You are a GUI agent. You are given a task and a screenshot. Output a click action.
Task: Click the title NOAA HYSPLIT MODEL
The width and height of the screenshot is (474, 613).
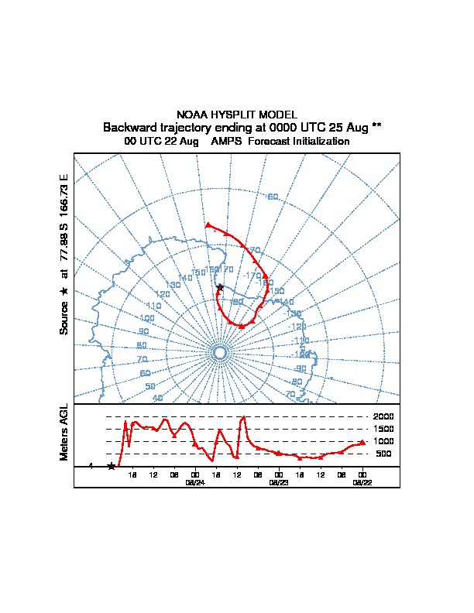pos(236,114)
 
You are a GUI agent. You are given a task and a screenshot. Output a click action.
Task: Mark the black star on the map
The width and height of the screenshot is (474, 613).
pos(220,288)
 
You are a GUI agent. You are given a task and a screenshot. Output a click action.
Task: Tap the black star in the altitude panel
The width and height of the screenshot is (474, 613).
pos(112,466)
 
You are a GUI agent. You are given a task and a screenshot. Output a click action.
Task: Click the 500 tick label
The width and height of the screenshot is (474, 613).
pos(384,454)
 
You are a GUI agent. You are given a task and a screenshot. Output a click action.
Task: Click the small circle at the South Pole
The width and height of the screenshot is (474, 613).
pos(219,353)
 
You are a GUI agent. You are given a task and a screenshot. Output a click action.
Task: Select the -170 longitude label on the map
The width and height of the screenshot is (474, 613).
pos(252,276)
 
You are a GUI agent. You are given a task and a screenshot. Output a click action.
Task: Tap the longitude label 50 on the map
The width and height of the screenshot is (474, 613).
pos(149,385)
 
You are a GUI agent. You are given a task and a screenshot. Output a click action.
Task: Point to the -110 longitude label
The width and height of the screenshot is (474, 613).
pos(301,341)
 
